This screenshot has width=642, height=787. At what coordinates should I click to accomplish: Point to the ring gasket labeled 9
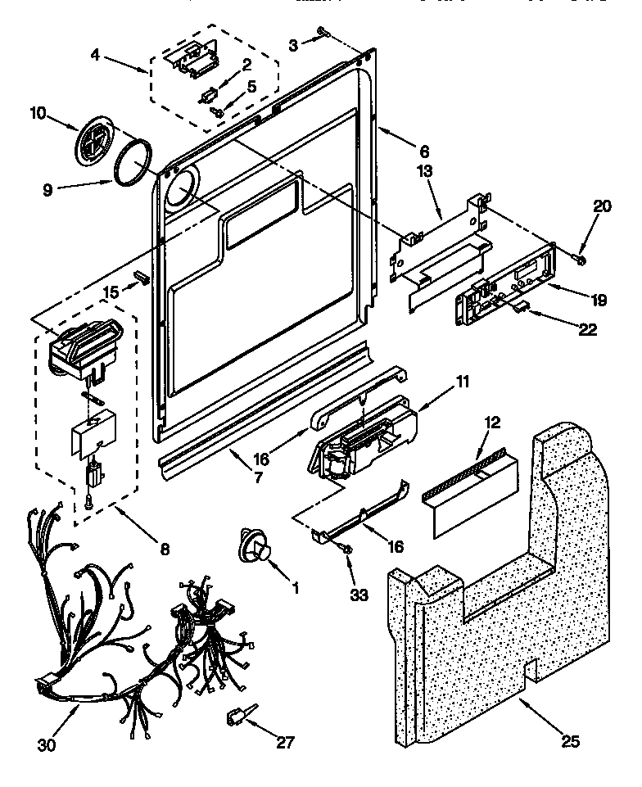point(132,161)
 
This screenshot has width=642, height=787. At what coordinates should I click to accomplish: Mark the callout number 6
point(423,151)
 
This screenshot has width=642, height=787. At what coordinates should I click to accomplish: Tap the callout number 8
point(165,550)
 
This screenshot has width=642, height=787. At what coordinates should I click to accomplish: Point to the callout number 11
point(462,380)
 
